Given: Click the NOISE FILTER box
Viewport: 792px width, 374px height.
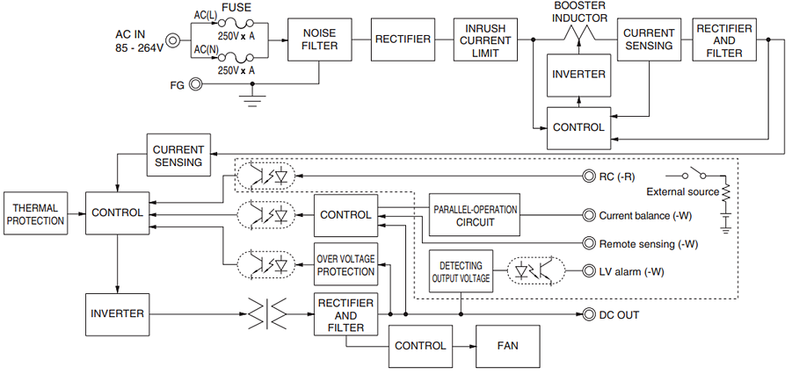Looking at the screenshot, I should point(319,40).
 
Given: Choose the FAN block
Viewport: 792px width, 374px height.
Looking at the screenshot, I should point(508,346).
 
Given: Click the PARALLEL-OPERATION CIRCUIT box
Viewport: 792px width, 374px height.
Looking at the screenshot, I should point(475,215).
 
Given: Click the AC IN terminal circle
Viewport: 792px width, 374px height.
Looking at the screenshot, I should point(173,40).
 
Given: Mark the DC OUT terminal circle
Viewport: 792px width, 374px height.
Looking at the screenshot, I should point(590,314).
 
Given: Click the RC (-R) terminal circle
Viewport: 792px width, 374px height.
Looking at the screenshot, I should point(590,176).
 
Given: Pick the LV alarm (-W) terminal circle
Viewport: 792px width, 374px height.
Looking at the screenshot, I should point(590,271).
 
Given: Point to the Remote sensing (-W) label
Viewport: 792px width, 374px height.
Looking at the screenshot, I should point(648,244).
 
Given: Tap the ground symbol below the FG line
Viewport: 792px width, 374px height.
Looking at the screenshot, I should point(253,99).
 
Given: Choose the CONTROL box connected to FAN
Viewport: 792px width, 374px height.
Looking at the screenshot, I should point(420,346).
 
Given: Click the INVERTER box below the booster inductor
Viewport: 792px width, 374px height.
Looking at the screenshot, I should point(578,75).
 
